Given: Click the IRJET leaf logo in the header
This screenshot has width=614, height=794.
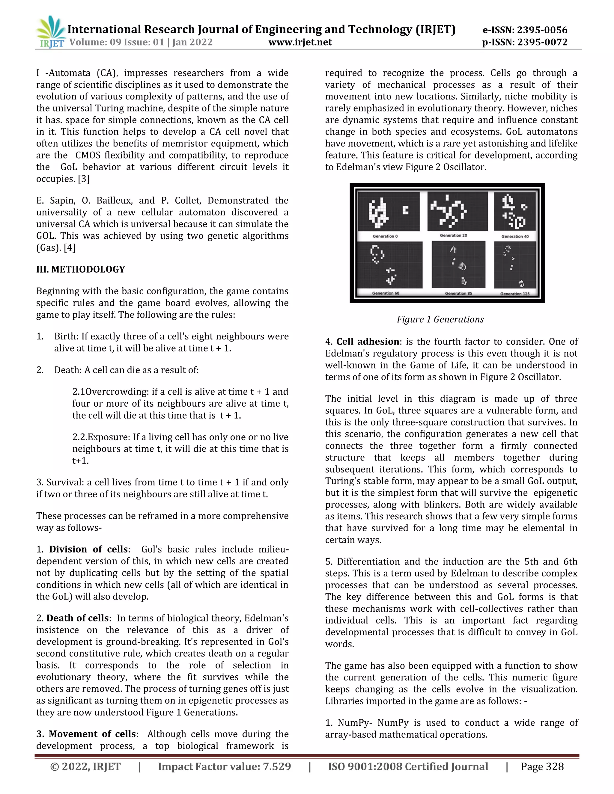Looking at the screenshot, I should (x=51, y=32).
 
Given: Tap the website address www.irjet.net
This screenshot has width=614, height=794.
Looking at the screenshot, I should (x=300, y=42).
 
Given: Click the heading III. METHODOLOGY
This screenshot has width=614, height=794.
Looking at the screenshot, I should (x=80, y=269).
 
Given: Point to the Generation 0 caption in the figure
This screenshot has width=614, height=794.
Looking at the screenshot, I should (x=385, y=236).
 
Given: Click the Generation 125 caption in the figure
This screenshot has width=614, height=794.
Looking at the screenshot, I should (x=515, y=294).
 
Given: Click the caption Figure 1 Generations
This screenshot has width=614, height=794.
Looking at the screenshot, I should (x=440, y=320).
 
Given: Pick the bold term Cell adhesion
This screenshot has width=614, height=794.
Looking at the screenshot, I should (x=368, y=342).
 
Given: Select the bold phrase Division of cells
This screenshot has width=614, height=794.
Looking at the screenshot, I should (x=88, y=549).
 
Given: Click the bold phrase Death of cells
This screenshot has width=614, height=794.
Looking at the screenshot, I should (x=77, y=618).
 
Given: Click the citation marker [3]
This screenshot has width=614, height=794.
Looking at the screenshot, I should (x=84, y=179).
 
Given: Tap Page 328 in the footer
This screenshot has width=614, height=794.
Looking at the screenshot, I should (x=542, y=767).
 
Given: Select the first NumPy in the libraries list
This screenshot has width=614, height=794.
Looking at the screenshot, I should (x=350, y=723).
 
